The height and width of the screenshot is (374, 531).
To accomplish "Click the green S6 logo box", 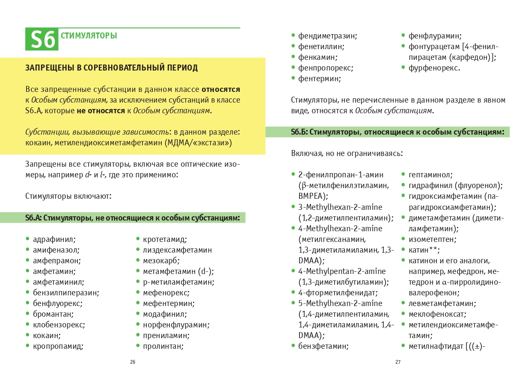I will point(42,39).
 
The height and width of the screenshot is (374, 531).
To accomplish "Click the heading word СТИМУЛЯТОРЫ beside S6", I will point(89,36).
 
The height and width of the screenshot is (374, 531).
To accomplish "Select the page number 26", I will point(133,362).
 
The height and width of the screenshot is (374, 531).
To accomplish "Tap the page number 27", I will point(398,362).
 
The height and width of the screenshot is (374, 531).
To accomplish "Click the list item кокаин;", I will point(47,336).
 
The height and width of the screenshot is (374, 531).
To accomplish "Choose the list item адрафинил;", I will point(54,239).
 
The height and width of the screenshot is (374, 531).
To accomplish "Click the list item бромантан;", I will point(53,314).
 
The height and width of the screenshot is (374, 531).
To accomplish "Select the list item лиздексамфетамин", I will point(177,250).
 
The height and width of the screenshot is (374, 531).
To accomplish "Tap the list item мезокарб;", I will point(161,261).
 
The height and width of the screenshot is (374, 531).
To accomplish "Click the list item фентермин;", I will point(320,79).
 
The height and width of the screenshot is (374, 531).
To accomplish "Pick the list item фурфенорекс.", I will point(434,68).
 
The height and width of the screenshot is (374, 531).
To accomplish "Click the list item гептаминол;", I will point(430,175).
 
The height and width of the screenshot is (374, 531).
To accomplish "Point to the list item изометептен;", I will point(433,239).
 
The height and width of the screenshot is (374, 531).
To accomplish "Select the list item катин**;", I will point(424,250).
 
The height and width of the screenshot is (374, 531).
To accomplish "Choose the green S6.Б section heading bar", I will point(387,132).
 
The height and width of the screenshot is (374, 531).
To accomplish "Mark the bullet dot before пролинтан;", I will point(138,346).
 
